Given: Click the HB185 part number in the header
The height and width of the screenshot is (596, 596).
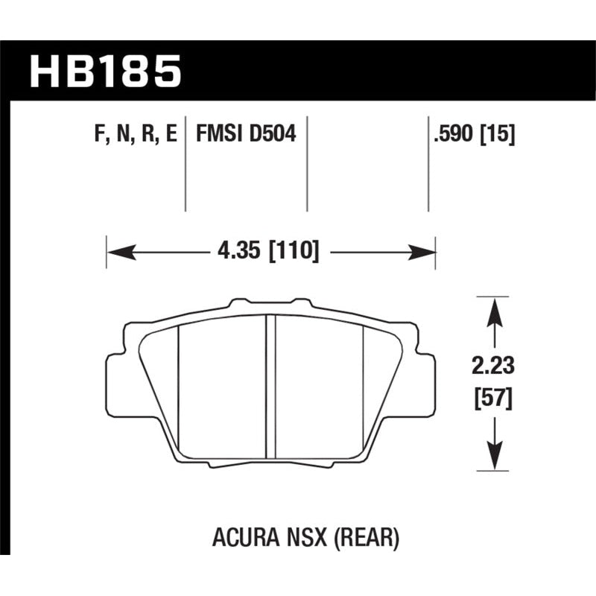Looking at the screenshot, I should (105, 72).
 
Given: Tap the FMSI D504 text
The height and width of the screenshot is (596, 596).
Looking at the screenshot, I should (246, 136).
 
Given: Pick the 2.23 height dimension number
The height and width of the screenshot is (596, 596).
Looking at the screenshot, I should (492, 367).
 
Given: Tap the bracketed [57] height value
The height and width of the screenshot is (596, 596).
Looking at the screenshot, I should (492, 399).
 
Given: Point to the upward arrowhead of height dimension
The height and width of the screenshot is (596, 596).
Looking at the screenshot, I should (492, 306).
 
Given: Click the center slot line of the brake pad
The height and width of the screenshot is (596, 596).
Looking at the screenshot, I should (271, 387).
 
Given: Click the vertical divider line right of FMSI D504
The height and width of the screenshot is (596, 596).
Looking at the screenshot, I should (308, 164).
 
